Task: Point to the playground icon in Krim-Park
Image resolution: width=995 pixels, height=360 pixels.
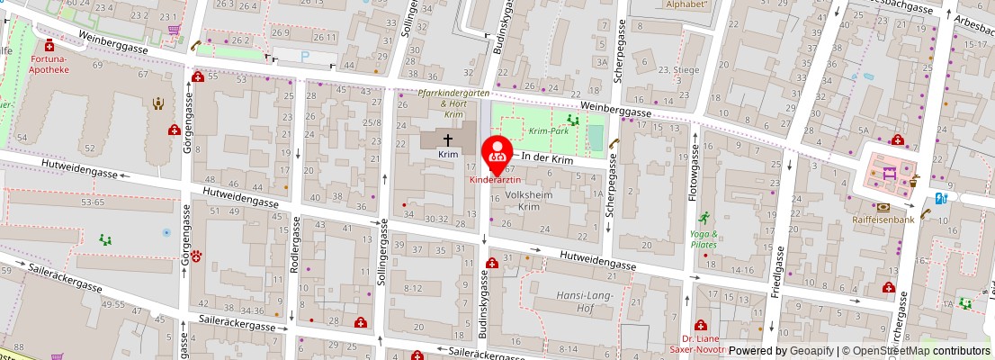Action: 572,120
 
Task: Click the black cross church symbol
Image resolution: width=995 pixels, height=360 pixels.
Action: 448,139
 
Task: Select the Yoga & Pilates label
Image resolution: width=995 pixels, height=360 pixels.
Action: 704,238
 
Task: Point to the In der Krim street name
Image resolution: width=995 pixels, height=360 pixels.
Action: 548,158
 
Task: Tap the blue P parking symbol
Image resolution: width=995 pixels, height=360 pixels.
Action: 304,57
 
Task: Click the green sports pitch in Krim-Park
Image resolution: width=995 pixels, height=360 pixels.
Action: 595,138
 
